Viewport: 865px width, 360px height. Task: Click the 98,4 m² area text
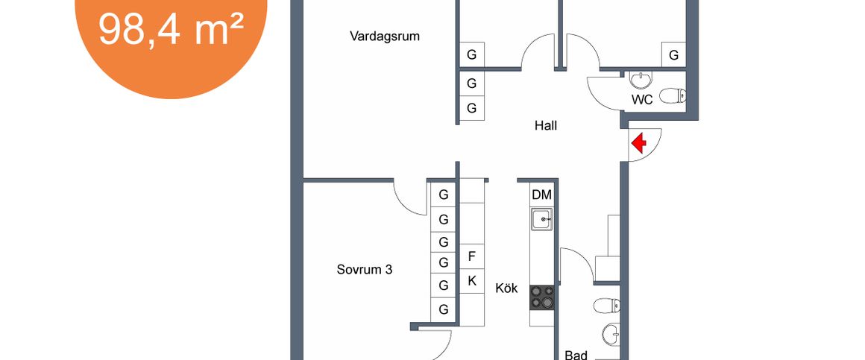pos(172,31)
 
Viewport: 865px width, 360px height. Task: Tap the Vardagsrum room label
pos(385,35)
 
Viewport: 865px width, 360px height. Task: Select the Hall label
pos(546,125)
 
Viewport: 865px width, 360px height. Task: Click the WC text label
pos(643,98)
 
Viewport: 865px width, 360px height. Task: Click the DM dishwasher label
pos(541,195)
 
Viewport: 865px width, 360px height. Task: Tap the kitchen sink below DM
pos(542,219)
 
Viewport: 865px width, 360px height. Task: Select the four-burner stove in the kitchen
pos(542,297)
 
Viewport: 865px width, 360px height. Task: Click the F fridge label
pos(471,256)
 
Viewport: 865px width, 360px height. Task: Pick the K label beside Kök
pos(471,281)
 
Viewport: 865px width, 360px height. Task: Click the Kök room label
pos(507,288)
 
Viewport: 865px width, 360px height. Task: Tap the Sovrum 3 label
pos(365,269)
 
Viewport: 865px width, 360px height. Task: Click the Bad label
pos(576,355)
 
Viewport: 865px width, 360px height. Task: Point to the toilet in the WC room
pos(675,96)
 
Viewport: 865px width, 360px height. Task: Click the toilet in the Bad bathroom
pos(606,305)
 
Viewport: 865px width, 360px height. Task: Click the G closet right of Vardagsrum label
pos(471,54)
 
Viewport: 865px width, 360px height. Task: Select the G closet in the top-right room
pos(673,54)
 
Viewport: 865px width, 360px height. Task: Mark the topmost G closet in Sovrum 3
pos(444,195)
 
